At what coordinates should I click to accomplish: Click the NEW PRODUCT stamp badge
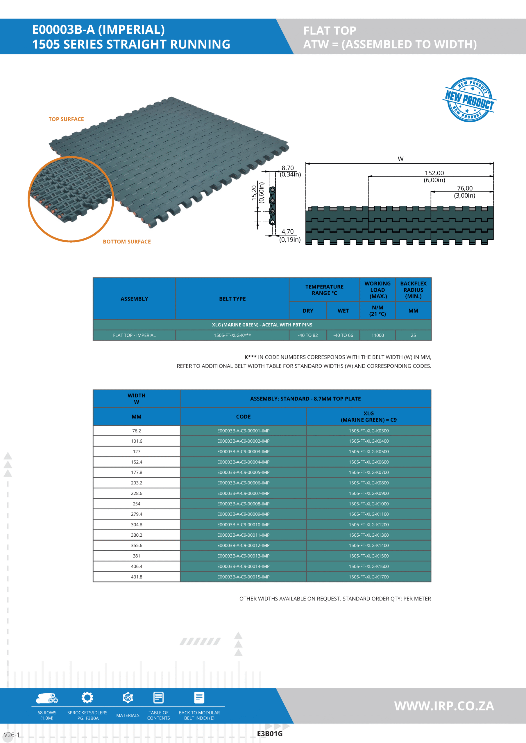(x=469, y=100)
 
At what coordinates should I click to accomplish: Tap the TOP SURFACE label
(x=66, y=119)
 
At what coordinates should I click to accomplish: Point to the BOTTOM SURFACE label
(x=127, y=241)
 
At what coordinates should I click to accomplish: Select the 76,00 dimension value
(x=464, y=188)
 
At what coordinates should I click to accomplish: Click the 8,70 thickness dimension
(x=287, y=168)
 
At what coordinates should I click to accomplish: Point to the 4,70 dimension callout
(x=287, y=231)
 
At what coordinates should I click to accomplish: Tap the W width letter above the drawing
(x=400, y=159)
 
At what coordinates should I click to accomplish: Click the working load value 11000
(x=377, y=335)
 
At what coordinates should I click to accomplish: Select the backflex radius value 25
(x=413, y=335)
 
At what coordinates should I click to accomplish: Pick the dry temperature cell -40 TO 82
(x=307, y=335)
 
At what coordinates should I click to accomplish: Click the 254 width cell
(x=137, y=504)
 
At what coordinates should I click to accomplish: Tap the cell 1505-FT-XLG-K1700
(x=368, y=577)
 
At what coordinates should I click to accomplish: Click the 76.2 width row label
(x=137, y=431)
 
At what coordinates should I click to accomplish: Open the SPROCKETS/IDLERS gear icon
(x=87, y=697)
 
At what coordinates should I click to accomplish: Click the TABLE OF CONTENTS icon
(x=158, y=697)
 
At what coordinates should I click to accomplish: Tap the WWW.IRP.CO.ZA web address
(x=444, y=706)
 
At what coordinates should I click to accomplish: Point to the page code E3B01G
(x=270, y=734)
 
